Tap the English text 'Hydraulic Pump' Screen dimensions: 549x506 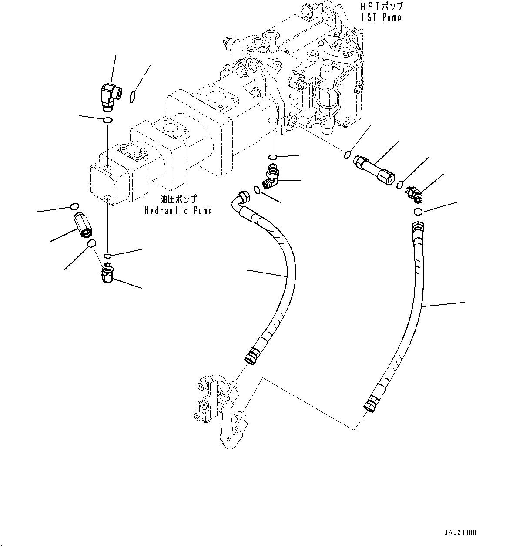point(178,211)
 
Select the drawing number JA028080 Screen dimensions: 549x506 point(460,532)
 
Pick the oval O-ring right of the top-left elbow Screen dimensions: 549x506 point(134,96)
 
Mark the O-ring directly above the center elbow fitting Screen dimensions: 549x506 point(273,157)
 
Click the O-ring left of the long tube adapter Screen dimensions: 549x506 point(347,154)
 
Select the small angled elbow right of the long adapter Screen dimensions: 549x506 point(414,194)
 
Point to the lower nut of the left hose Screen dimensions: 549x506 point(251,357)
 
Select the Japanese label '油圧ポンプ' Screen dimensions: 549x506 point(178,199)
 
